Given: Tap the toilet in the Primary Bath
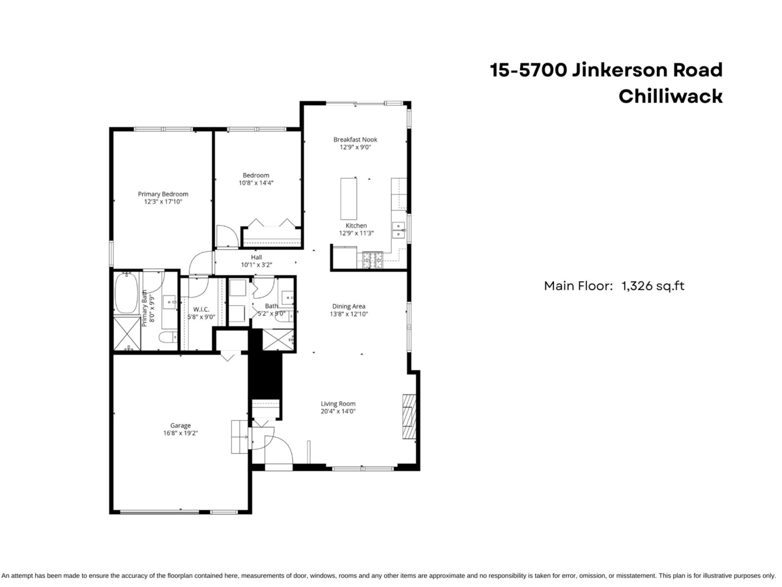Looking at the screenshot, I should click(x=167, y=337).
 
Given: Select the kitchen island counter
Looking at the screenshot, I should click(x=349, y=198).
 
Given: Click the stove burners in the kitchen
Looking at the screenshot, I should click(x=373, y=262).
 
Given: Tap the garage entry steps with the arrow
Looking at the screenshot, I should click(x=239, y=436).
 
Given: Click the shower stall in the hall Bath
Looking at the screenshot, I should click(x=278, y=340).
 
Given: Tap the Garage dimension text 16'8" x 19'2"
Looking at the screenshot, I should click(x=181, y=432).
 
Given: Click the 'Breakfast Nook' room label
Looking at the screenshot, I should click(x=355, y=140).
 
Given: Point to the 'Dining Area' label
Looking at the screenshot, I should click(x=349, y=306).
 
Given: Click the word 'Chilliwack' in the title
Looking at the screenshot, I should click(x=670, y=97).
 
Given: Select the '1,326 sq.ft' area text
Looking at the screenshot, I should click(x=653, y=285).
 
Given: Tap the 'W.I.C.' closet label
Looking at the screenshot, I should click(x=201, y=309).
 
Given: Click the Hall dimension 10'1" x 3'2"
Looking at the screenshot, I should click(x=256, y=265).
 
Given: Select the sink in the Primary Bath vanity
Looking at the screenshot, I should click(x=168, y=302).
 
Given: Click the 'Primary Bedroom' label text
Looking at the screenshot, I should click(x=163, y=194).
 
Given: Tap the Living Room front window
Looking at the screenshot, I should click(x=362, y=468).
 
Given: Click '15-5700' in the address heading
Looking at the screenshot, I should click(x=529, y=70).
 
